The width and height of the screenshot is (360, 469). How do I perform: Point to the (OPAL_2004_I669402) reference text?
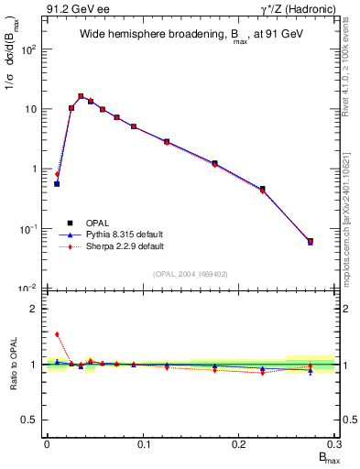tap(190, 272)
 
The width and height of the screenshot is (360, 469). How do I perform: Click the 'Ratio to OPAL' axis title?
tap(13, 365)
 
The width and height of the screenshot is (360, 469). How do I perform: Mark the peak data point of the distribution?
tap(81, 96)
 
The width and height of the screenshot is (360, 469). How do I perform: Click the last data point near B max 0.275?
tap(311, 242)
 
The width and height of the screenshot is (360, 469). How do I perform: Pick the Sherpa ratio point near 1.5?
tap(57, 334)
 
